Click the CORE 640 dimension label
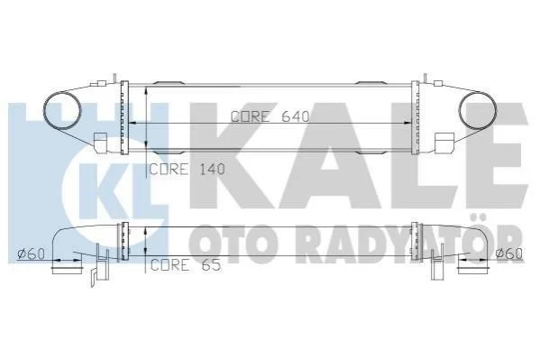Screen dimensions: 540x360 tap(270, 116)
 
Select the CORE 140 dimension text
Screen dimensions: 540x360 tap(188, 169)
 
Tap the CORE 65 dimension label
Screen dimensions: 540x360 tap(186, 265)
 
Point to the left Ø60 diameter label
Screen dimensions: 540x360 tap(31, 254)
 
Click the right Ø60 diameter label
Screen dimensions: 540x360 tap(509, 254)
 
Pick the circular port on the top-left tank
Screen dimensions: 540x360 tap(62, 111)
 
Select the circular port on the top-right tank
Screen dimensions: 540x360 tap(478, 111)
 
